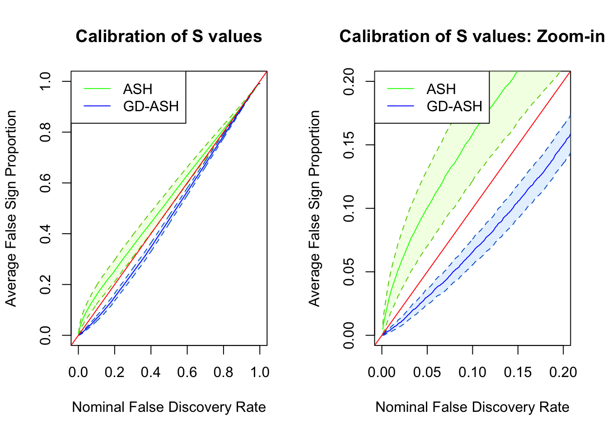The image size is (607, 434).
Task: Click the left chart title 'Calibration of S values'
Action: coord(168,37)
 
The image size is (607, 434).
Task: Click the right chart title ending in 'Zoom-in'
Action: coord(472,37)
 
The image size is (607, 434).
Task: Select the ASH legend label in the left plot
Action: coord(138,89)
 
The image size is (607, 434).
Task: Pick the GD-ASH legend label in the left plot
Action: coord(151,106)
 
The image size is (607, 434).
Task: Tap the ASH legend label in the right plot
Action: coord(441,89)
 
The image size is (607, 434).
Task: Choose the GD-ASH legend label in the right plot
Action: coord(454,106)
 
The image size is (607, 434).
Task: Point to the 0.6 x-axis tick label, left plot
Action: coord(187,372)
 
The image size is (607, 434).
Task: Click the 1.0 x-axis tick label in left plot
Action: coord(260,372)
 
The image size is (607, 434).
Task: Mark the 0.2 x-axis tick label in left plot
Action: coord(114,372)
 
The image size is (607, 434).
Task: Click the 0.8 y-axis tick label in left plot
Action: coord(46,132)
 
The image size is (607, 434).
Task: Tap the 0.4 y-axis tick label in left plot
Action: coord(46,234)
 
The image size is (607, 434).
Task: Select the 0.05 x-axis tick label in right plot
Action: coord(427,372)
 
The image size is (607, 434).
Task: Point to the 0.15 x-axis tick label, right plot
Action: coord(518,372)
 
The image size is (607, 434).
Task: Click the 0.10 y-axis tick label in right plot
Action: coord(349,208)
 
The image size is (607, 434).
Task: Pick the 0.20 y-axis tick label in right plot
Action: coord(349,81)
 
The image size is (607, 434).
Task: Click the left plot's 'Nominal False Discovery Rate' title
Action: coord(168,407)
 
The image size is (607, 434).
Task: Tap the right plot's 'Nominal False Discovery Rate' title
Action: coord(472,407)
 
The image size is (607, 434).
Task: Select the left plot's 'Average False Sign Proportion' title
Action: coord(11,208)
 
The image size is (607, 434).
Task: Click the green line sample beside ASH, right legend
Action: coord(401,89)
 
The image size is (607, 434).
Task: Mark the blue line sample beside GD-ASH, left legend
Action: coord(97,106)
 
